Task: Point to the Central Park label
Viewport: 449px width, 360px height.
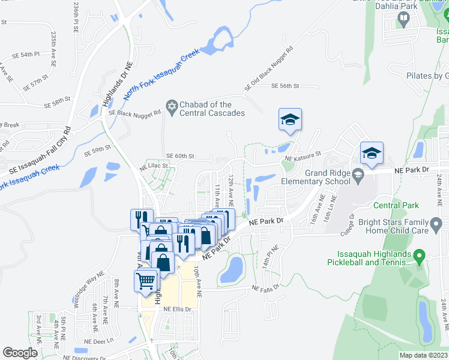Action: pos(396,205)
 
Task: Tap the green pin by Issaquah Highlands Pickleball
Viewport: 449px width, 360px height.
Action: pos(420,257)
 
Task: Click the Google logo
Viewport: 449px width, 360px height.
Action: pos(20,353)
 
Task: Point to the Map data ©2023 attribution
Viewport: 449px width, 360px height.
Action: pos(424,355)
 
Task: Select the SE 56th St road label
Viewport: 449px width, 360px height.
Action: pos(285,86)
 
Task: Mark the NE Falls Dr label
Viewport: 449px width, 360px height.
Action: pos(265,289)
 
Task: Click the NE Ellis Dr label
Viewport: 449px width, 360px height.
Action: pos(177,310)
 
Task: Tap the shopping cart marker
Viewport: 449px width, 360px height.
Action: pos(146,281)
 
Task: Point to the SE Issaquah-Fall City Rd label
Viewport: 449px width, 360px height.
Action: pos(35,152)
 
